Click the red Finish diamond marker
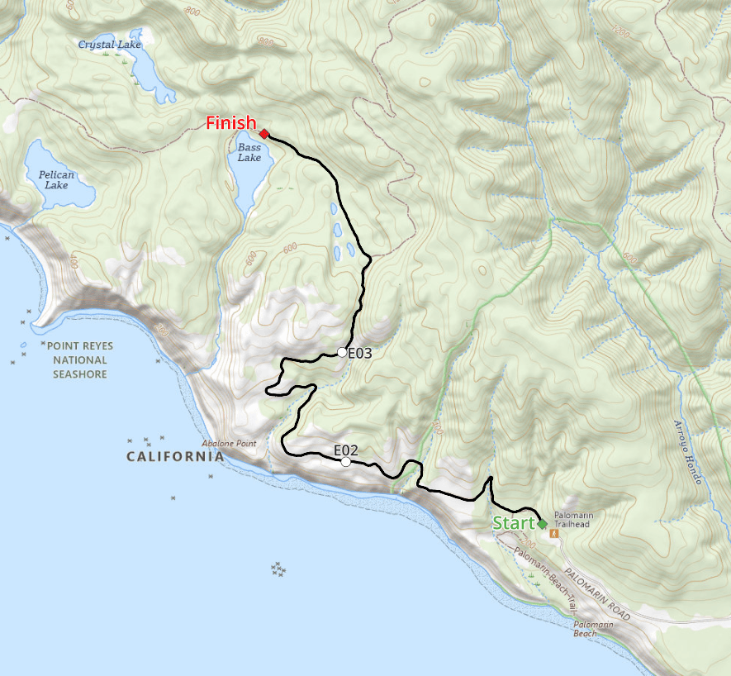(x=263, y=134)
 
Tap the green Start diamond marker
(x=542, y=524)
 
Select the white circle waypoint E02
(x=345, y=462)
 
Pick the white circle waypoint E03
(x=342, y=353)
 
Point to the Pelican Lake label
(x=56, y=179)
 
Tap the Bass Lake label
(x=249, y=152)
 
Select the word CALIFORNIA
(x=174, y=457)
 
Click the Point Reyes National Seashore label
(x=80, y=360)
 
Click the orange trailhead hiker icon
(x=554, y=534)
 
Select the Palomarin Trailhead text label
(x=574, y=519)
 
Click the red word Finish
(x=230, y=123)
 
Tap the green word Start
(x=514, y=523)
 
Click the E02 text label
(x=345, y=450)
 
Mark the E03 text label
(x=360, y=353)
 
